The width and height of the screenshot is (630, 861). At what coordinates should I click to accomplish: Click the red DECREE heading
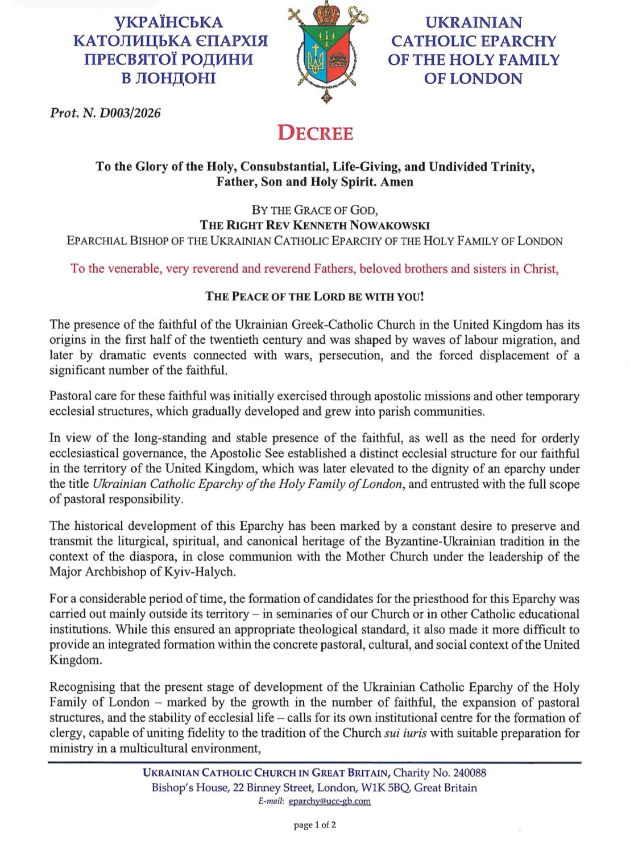click(x=315, y=133)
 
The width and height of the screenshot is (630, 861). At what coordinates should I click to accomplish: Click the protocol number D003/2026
click(x=130, y=113)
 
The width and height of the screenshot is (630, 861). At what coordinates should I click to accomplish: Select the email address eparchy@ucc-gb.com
click(x=330, y=801)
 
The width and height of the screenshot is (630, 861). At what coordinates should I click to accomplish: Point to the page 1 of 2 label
click(x=315, y=825)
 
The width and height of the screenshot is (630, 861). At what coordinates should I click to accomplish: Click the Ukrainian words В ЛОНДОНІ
click(x=169, y=78)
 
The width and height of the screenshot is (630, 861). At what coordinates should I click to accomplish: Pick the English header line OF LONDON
click(x=473, y=79)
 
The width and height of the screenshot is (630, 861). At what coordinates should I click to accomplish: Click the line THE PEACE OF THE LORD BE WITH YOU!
click(x=314, y=296)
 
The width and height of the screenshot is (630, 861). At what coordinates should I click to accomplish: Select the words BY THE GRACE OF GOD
click(x=314, y=210)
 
